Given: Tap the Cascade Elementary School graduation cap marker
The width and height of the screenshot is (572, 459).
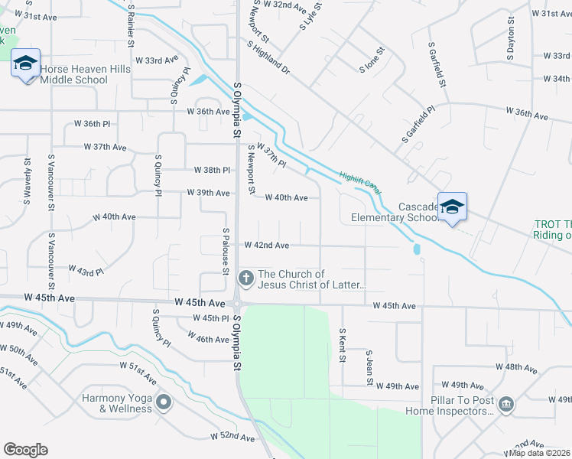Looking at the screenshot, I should coord(452,207).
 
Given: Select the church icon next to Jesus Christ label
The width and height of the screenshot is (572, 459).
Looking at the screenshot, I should coord(246,278).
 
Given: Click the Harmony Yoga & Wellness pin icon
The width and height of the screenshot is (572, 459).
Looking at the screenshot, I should coord(163,402).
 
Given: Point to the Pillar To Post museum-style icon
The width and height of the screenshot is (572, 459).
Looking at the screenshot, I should coord(505,405).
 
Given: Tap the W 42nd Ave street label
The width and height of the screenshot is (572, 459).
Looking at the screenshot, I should coord(266,246).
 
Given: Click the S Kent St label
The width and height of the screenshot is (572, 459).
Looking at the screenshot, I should coord(343,345).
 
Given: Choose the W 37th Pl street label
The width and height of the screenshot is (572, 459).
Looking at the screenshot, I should coord(271,155).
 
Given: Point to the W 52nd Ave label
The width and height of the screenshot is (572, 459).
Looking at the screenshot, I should coord(232,437).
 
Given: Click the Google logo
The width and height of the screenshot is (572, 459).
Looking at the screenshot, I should coord(25,450).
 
